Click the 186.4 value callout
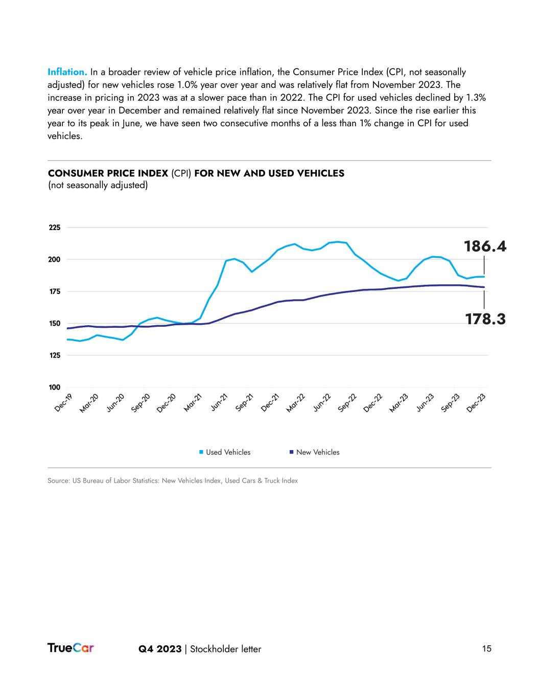click(485, 246)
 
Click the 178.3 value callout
click(485, 319)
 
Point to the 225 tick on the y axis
click(54, 228)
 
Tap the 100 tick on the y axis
click(54, 387)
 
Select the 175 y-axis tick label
click(54, 291)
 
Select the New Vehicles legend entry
click(317, 452)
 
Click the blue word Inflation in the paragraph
click(67, 72)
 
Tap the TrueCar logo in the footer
click(71, 648)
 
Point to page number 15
click(486, 648)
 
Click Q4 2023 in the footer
click(160, 649)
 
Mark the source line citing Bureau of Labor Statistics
click(173, 481)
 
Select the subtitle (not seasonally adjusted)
click(98, 185)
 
